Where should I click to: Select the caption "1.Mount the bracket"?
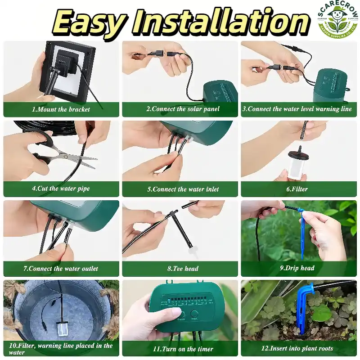click(61, 109)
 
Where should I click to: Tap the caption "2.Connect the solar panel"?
click(183, 109)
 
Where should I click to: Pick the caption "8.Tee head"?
click(183, 268)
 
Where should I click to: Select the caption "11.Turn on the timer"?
click(183, 349)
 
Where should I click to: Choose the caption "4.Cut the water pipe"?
click(61, 189)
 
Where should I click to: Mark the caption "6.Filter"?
click(297, 189)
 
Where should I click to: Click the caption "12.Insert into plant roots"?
click(297, 348)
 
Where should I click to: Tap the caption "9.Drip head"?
click(297, 268)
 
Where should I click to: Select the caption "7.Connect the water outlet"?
click(61, 268)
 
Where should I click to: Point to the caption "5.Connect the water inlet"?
click(183, 189)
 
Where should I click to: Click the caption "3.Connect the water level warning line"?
click(297, 109)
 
